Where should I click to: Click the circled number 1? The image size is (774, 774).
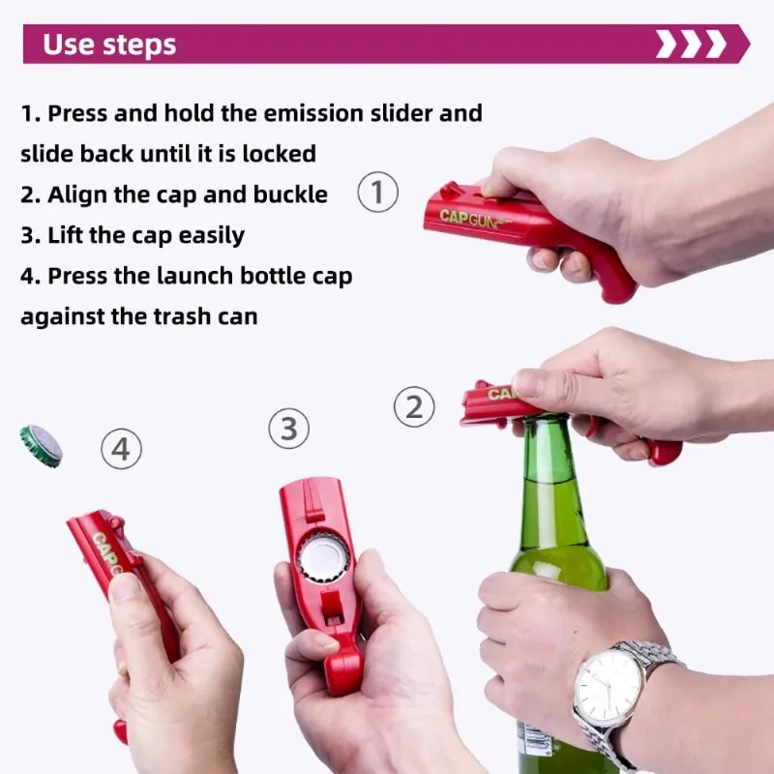click(x=378, y=192)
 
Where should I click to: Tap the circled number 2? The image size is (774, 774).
click(x=414, y=406)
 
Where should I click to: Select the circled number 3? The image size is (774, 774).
click(x=289, y=428)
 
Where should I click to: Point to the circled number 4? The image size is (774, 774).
click(x=122, y=449)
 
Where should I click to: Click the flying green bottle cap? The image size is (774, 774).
click(x=42, y=445)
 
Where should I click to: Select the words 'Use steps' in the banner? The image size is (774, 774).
click(x=109, y=45)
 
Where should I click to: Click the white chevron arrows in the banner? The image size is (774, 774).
click(x=690, y=45)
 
